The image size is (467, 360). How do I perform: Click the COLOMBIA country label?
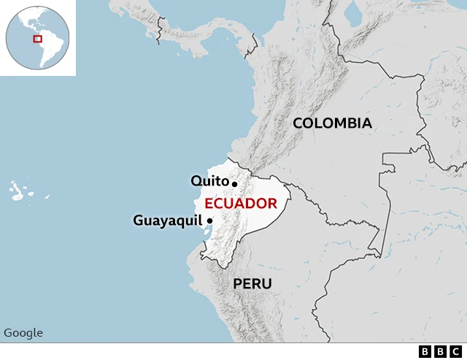coord(332,123)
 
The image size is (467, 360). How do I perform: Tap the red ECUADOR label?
coord(240,203)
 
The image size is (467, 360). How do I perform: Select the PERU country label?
coord(252,283)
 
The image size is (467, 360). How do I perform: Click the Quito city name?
coord(209,180)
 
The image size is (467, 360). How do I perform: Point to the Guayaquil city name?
coord(167,220)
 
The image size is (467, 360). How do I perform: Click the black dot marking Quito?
coord(234,183)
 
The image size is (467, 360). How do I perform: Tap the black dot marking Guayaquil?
coord(209,221)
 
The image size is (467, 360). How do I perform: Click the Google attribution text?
coord(23,333)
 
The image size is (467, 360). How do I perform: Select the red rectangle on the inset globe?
coord(37,39)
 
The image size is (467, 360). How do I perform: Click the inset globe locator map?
coord(37,37)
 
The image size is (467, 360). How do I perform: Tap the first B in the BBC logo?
coord(425,352)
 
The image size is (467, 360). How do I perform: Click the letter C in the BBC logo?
coord(456,352)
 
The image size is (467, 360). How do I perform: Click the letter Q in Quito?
coord(196,180)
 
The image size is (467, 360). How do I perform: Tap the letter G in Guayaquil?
coord(139,220)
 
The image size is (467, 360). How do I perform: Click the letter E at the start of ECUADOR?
coord(209,203)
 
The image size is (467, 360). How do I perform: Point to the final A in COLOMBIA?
coord(366,123)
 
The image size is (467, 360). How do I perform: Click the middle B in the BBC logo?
coord(441,352)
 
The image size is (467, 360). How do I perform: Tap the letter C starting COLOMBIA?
coord(298,123)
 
